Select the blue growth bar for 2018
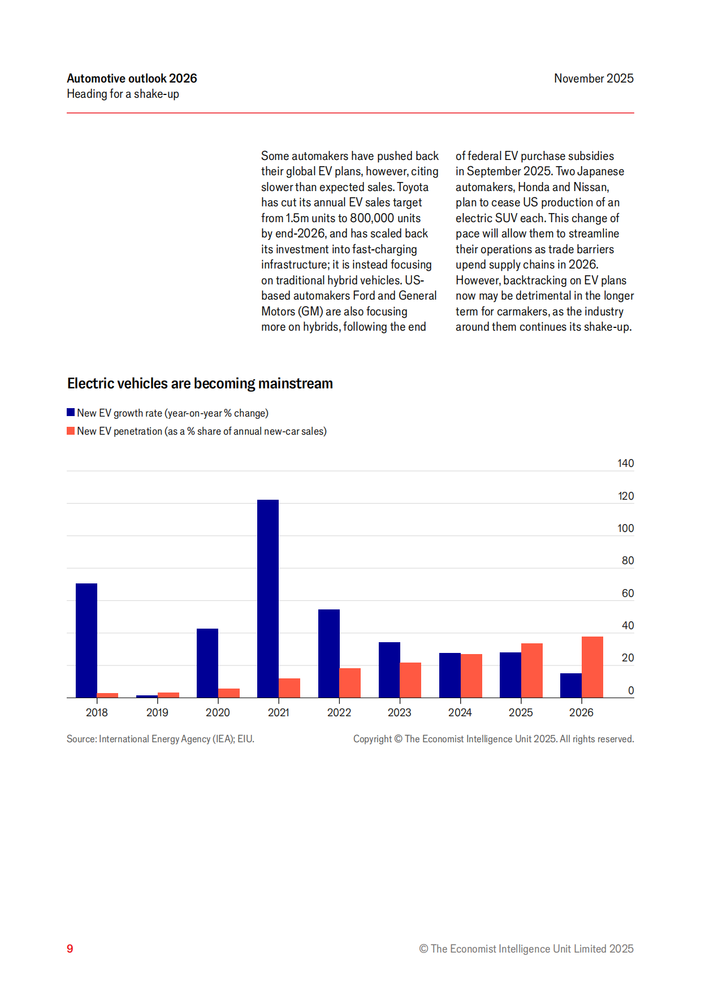pyautogui.click(x=86, y=640)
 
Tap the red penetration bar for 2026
pyautogui.click(x=592, y=667)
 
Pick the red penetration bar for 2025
pyautogui.click(x=532, y=670)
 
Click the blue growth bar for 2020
pyautogui.click(x=207, y=663)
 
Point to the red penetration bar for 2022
pyautogui.click(x=350, y=683)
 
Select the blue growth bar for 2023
pyautogui.click(x=390, y=669)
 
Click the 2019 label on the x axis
pyautogui.click(x=157, y=712)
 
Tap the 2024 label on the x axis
pyautogui.click(x=460, y=712)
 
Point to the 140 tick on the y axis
pyautogui.click(x=625, y=464)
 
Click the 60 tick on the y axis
pyautogui.click(x=628, y=593)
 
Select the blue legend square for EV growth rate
pyautogui.click(x=71, y=413)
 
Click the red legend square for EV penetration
pyautogui.click(x=71, y=431)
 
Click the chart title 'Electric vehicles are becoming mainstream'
pyautogui.click(x=200, y=383)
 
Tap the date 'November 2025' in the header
pyautogui.click(x=594, y=79)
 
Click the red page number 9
pyautogui.click(x=70, y=949)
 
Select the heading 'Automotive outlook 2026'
pyautogui.click(x=132, y=79)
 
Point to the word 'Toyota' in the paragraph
pyautogui.click(x=413, y=187)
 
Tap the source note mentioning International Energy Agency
pyautogui.click(x=161, y=739)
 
